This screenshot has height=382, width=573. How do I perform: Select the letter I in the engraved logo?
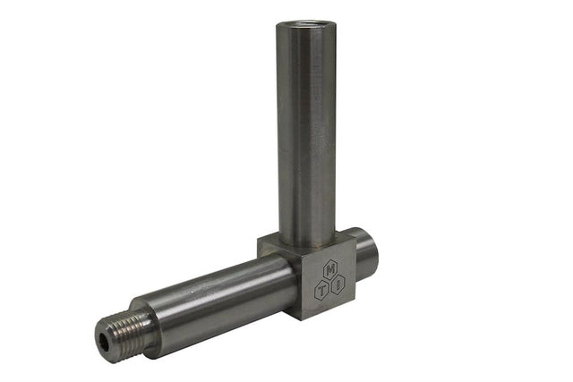pyautogui.click(x=338, y=285)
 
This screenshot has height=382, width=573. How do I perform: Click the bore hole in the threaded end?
pyautogui.click(x=107, y=337)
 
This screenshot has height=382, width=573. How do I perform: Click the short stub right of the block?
pyautogui.click(x=363, y=254)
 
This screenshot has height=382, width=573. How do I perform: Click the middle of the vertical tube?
pyautogui.click(x=306, y=134)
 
